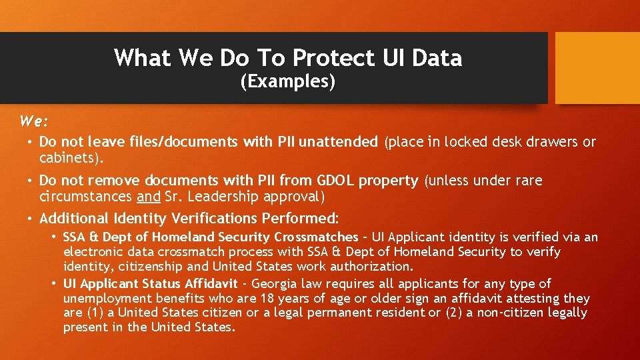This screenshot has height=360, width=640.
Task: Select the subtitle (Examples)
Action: point(287,82)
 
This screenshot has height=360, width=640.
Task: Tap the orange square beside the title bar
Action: point(597,68)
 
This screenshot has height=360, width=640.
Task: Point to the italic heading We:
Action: point(34,122)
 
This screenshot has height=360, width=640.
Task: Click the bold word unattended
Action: point(338,141)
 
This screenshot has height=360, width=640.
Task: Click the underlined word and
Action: point(148,197)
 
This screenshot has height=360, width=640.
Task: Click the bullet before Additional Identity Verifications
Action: point(31,218)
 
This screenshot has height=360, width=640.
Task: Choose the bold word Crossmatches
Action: point(316,237)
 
